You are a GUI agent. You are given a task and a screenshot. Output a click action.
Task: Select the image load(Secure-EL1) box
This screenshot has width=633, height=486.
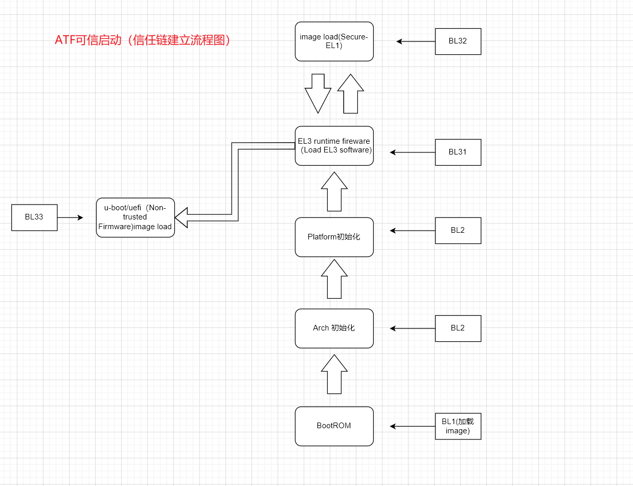[334, 41]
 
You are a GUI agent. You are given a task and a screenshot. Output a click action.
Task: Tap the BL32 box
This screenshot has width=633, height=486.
[458, 41]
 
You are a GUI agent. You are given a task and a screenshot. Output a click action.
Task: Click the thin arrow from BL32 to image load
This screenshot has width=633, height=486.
[415, 41]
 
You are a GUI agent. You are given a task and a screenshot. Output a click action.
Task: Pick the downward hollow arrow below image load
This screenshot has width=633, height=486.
[318, 93]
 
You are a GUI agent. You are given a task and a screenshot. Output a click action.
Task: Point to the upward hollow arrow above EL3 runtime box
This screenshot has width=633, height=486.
[350, 93]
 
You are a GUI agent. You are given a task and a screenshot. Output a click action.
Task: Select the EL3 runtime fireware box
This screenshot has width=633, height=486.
[334, 146]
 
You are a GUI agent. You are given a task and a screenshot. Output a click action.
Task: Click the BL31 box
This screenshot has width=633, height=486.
[458, 152]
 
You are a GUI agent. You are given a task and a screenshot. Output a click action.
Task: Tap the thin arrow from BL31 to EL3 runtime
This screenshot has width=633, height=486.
[412, 152]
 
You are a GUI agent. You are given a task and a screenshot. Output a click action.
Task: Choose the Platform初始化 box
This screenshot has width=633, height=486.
[334, 237]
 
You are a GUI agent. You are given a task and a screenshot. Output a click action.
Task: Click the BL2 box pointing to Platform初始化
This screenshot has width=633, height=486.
[458, 230]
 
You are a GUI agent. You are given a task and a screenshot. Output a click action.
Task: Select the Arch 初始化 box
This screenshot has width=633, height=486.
[334, 328]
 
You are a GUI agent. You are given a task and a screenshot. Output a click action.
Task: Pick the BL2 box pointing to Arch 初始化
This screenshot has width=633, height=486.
[458, 328]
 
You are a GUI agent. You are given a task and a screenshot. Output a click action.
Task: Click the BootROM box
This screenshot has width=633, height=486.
[334, 426]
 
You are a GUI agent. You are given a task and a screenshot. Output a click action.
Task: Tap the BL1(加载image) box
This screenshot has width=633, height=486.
[458, 426]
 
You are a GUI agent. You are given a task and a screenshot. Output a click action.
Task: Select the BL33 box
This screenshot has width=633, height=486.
[34, 217]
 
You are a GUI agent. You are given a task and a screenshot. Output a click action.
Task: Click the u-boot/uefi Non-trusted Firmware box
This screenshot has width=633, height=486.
[135, 217]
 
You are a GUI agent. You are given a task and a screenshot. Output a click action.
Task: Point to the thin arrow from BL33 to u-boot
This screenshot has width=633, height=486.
[70, 217]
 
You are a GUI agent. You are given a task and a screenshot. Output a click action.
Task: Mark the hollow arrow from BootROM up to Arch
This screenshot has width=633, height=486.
[334, 374]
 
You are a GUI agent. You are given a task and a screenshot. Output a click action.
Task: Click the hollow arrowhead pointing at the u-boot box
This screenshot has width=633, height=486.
[181, 217]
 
